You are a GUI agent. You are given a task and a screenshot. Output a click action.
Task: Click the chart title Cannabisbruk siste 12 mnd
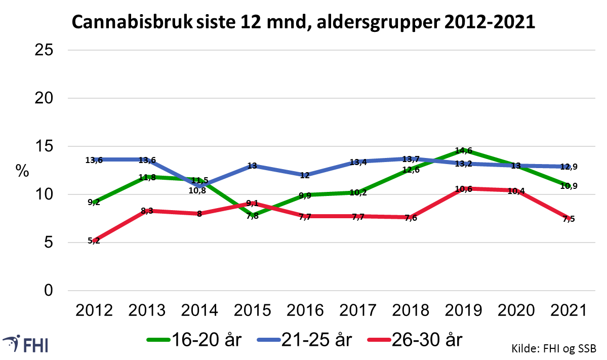[303, 23]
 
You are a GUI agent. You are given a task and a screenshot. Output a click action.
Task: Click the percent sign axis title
[22, 171]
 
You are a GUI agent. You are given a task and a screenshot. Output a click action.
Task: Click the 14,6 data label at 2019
[464, 150]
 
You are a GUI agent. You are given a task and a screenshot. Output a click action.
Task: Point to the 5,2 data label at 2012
[94, 241]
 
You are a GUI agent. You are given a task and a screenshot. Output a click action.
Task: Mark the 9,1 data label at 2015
[252, 203]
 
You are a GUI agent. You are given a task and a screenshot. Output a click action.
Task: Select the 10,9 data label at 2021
[568, 186]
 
